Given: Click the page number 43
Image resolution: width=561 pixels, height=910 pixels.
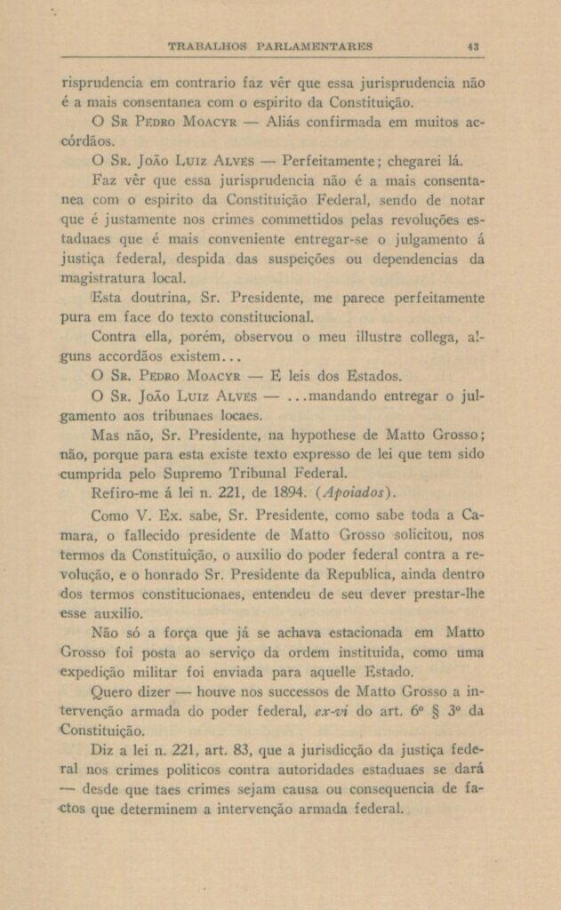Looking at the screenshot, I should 474,46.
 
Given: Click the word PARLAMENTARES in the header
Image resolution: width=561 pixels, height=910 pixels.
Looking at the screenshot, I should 315,46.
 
